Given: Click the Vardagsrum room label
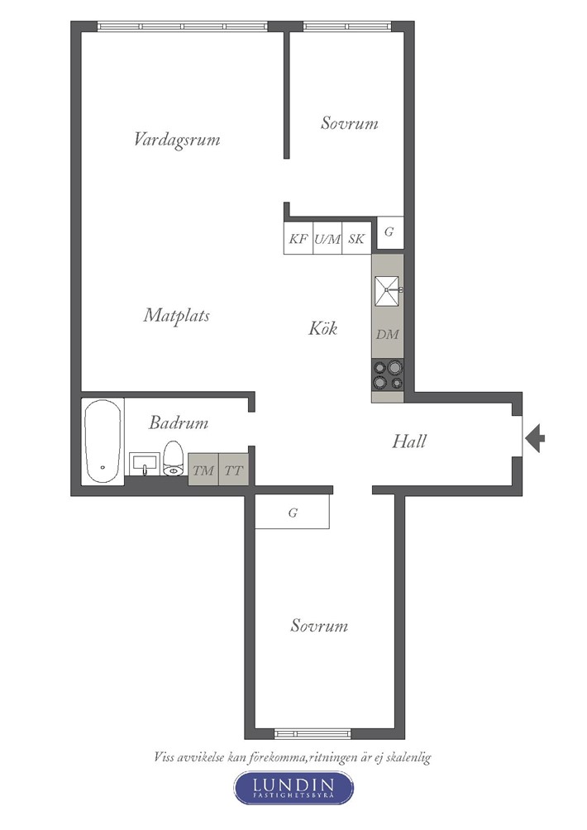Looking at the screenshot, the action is pyautogui.click(x=177, y=140).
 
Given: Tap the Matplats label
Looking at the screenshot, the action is pyautogui.click(x=177, y=316).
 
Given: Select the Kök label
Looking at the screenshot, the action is pyautogui.click(x=323, y=328).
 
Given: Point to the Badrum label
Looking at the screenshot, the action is pyautogui.click(x=179, y=422).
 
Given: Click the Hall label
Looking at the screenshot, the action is pyautogui.click(x=409, y=441).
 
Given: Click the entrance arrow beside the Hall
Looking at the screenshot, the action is pyautogui.click(x=535, y=438).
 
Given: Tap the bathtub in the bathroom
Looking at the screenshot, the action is pyautogui.click(x=103, y=441).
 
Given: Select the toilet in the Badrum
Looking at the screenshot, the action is pyautogui.click(x=173, y=459).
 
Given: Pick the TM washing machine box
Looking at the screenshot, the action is pyautogui.click(x=203, y=469).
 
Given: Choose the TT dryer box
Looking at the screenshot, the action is pyautogui.click(x=233, y=469).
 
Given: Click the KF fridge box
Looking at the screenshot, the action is pyautogui.click(x=298, y=238).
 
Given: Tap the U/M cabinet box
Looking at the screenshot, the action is pyautogui.click(x=327, y=238).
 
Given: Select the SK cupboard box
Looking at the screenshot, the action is pyautogui.click(x=357, y=238).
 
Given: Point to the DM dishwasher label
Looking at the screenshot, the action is pyautogui.click(x=388, y=335).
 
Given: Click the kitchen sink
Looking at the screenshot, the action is pyautogui.click(x=388, y=291).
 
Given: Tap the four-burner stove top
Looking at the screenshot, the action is pyautogui.click(x=388, y=374).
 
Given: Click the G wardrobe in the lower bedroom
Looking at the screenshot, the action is pyautogui.click(x=292, y=512).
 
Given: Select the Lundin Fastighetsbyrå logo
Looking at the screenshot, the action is pyautogui.click(x=293, y=788).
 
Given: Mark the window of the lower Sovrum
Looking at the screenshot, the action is pyautogui.click(x=313, y=733).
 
